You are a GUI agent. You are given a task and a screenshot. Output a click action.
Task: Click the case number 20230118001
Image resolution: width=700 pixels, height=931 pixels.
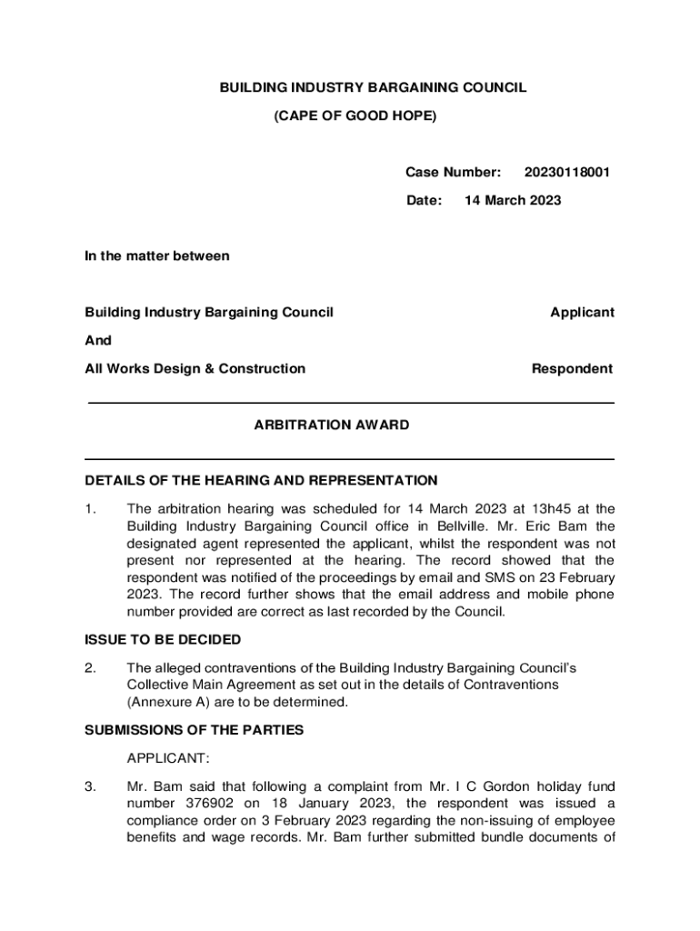567,172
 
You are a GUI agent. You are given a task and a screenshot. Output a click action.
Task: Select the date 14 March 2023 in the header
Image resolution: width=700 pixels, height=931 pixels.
513,200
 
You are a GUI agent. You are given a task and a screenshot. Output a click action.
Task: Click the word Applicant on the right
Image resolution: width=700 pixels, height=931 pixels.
582,312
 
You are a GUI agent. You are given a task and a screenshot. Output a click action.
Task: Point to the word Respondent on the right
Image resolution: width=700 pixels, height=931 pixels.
572,368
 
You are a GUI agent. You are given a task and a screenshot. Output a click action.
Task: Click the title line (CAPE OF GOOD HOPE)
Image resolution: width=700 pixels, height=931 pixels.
355,116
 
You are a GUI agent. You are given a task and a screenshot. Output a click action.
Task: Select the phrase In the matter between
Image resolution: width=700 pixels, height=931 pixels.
157,255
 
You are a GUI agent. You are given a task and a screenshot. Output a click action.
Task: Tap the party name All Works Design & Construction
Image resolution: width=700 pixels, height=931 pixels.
195,368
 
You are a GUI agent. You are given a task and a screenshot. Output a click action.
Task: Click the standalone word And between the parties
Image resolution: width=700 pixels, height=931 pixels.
98,340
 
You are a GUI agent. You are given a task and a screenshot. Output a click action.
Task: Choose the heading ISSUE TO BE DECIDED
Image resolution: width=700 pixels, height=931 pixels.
163,639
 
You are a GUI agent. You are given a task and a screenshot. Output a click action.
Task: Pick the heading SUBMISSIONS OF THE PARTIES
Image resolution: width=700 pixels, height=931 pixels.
194,729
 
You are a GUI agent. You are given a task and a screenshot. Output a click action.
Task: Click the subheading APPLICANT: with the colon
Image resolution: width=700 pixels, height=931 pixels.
168,757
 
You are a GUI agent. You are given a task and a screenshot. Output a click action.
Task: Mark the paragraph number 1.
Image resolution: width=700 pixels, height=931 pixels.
90,509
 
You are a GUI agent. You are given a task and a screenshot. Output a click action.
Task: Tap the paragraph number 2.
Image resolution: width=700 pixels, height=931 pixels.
90,668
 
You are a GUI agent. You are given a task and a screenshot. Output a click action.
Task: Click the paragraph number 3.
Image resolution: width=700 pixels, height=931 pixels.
90,786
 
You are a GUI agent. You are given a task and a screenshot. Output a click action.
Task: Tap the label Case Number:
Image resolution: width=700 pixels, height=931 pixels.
453,172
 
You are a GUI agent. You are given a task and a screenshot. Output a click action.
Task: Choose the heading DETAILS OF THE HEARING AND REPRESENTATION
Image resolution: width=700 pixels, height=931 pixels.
261,480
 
